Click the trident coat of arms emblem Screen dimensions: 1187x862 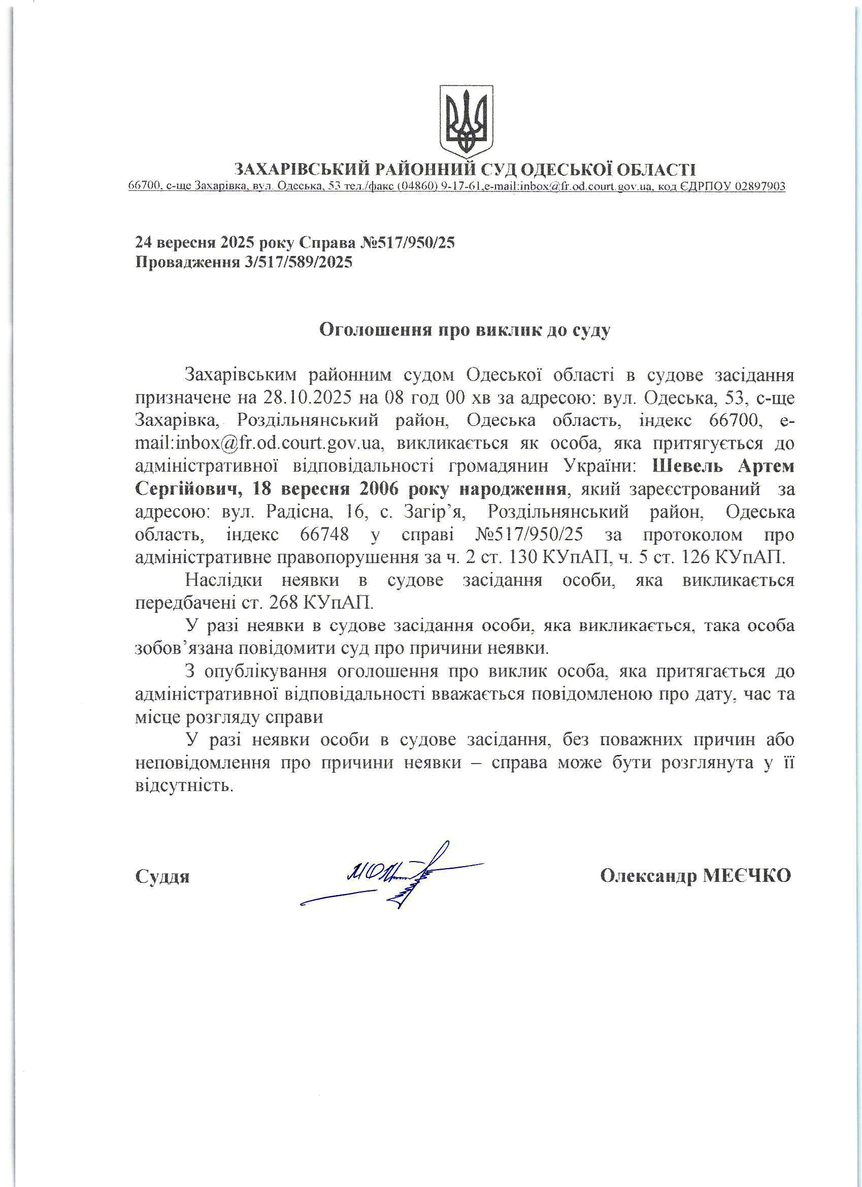tap(466, 120)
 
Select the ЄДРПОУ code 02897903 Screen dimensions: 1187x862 tap(760, 186)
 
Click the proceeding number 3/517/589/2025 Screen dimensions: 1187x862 tap(299, 261)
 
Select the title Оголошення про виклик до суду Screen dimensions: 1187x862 tap(465, 329)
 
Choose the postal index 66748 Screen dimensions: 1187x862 tap(324, 535)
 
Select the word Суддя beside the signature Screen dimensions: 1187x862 tap(162, 876)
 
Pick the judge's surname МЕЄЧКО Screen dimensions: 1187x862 tap(746, 876)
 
